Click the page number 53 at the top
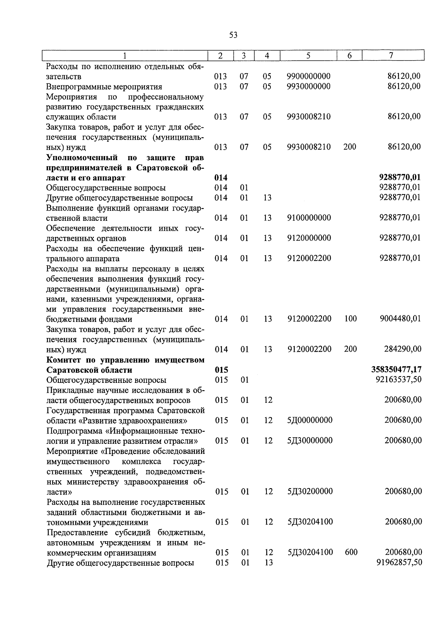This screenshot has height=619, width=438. click(x=233, y=35)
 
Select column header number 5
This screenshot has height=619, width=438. click(x=308, y=55)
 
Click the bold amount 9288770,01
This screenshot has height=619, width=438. click(x=400, y=178)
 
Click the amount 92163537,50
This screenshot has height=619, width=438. click(x=398, y=380)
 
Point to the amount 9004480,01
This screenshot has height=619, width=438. click(x=400, y=319)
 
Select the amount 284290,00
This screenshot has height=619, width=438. click(x=403, y=349)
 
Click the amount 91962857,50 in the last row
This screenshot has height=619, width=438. click(x=399, y=562)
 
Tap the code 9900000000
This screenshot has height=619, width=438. click(x=309, y=76)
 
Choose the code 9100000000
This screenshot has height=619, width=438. click(x=309, y=218)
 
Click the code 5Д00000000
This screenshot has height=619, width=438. click(x=310, y=420)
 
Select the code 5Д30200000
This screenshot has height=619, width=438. click(x=310, y=491)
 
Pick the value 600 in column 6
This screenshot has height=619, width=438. click(x=351, y=552)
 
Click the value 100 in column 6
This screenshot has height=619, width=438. click(x=350, y=319)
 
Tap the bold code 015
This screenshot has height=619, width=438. click(x=221, y=370)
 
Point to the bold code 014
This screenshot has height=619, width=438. click(x=221, y=178)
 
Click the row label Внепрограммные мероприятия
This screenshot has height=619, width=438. click(x=104, y=87)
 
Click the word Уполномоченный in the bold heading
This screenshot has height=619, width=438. click(x=82, y=158)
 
